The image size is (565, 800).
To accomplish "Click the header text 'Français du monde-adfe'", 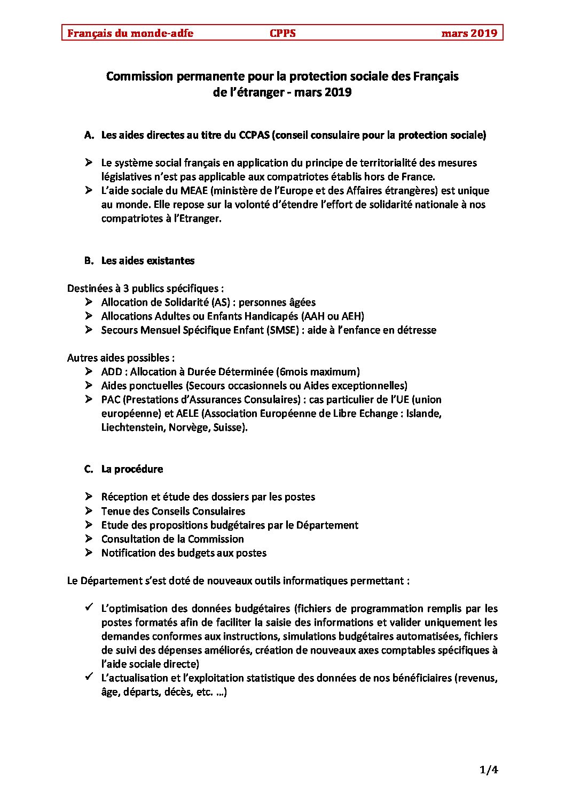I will [x=130, y=33].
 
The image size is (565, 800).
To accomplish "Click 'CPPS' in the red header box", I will [x=282, y=33].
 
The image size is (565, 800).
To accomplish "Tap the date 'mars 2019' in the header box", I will [x=469, y=33].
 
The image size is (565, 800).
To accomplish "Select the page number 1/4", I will [x=489, y=770].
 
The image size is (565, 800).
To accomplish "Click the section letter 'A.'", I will [x=89, y=135].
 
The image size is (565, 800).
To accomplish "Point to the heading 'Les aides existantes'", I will [x=148, y=261].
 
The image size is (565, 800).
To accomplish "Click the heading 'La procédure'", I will [x=132, y=469].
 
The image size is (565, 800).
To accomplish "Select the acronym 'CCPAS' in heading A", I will [x=254, y=135].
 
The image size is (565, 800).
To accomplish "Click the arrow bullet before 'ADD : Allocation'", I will [x=89, y=371].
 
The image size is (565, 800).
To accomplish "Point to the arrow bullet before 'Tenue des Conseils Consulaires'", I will [x=89, y=511].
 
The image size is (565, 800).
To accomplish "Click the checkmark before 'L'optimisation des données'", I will [x=89, y=608].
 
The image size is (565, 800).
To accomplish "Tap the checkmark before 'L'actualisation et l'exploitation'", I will [x=89, y=677].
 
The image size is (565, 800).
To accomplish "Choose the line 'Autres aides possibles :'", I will [x=121, y=358].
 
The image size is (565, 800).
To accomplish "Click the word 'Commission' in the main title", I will [x=140, y=76].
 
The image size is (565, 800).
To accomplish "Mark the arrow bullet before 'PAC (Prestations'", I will [x=89, y=399].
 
